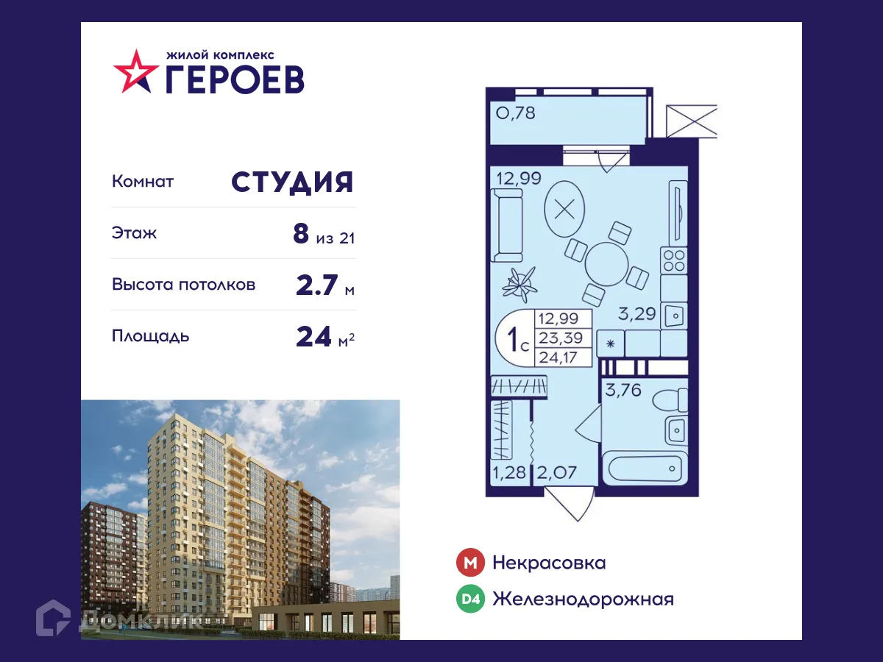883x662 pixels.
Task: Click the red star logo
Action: point(135,71)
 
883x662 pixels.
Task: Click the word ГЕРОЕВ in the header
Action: point(234,79)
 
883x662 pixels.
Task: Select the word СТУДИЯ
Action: point(293,182)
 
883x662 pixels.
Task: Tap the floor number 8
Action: point(300,234)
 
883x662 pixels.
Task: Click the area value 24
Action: point(313,337)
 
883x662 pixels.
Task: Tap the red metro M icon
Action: point(470,563)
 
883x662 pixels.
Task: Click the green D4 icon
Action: point(470,599)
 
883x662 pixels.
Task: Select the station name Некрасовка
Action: point(549,563)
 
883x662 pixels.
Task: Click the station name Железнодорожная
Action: point(583,599)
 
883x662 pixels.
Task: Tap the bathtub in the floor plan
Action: point(644,469)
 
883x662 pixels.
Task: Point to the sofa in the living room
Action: point(506,224)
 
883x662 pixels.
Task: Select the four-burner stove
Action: point(674,260)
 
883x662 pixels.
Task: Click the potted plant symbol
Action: point(522,282)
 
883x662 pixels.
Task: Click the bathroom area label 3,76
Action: point(623,390)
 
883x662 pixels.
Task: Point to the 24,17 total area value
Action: point(557,358)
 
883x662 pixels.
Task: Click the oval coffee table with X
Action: point(565,209)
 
